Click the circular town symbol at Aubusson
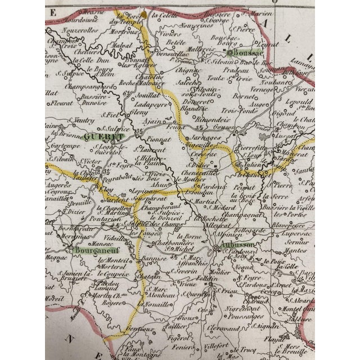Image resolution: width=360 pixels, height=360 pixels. click(216, 248)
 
